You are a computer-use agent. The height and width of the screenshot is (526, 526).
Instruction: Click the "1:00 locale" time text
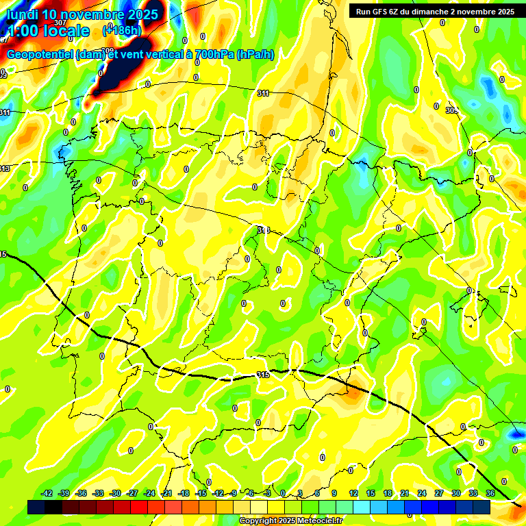48,31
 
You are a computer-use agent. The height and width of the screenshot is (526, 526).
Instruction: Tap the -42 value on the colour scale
47,493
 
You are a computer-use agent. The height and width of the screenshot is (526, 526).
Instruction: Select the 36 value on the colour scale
491,493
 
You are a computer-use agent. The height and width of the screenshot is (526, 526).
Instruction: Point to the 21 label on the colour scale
404,493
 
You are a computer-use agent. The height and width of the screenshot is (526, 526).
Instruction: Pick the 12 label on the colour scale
353,493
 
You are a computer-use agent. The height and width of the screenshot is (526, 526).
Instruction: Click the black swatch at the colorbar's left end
36,507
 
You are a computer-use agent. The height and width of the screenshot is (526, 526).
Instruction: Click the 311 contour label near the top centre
263,92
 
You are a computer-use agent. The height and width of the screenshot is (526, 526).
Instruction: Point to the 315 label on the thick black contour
263,375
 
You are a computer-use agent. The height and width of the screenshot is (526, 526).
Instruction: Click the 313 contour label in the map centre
263,230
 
